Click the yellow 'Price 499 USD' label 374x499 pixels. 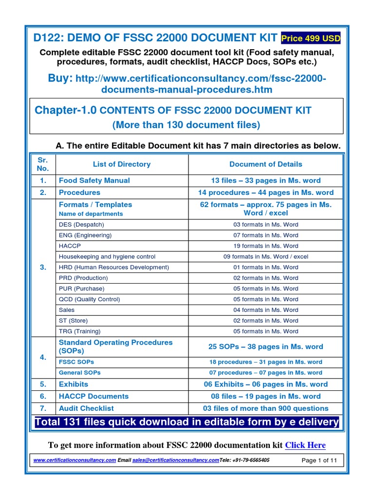[310, 38]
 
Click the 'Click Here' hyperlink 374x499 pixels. [305, 445]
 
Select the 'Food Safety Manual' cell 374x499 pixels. [94, 180]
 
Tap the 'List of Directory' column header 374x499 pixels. [121, 164]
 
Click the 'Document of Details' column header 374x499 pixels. [265, 164]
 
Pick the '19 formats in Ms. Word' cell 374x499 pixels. [265, 246]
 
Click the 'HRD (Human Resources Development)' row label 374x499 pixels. [113, 267]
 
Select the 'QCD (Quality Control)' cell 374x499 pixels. [89, 299]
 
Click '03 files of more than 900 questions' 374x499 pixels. [265, 408]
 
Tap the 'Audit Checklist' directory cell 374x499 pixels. [86, 408]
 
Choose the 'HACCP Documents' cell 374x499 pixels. [93, 396]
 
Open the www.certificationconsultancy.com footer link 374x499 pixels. [75, 460]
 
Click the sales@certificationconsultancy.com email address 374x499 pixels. [175, 460]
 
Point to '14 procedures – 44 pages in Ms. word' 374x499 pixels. [265, 192]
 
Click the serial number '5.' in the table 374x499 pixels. [43, 384]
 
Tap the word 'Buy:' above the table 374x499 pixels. [60, 78]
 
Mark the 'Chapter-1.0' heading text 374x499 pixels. [66, 110]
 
